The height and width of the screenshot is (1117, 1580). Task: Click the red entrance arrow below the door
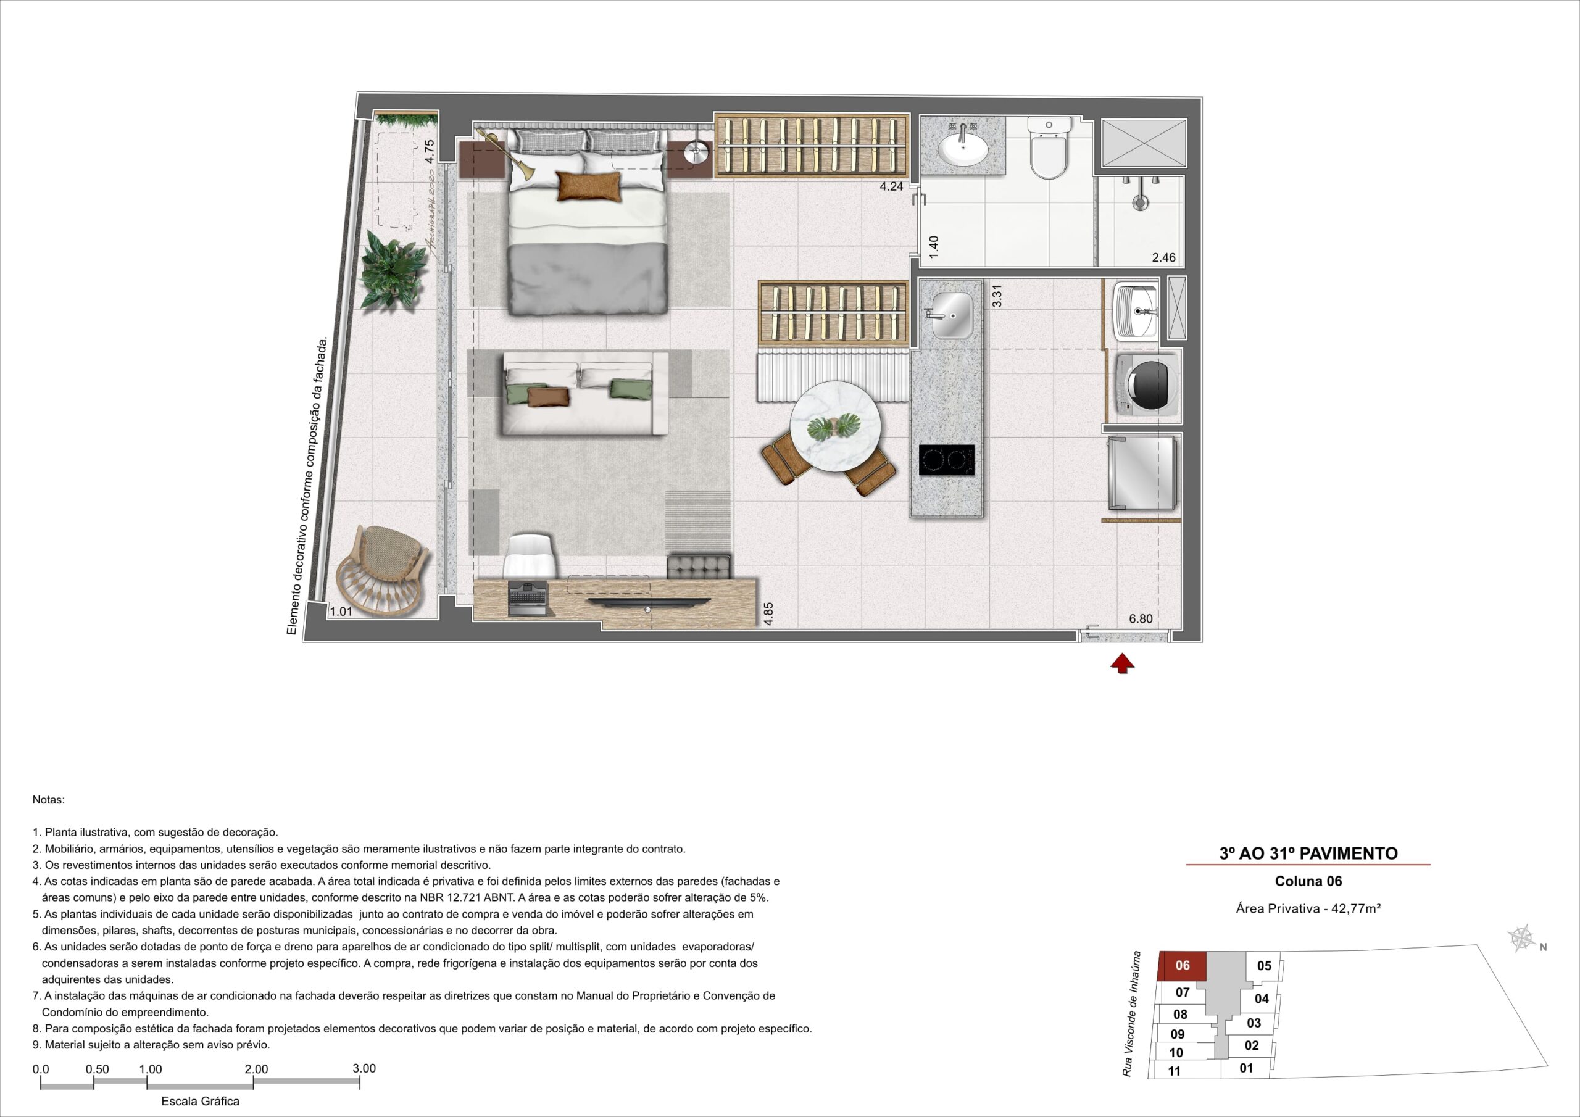(x=1123, y=663)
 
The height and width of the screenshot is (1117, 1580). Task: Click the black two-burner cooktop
(x=947, y=460)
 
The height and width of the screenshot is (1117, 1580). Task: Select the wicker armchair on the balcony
(x=382, y=571)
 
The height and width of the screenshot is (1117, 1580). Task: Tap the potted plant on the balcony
(x=389, y=268)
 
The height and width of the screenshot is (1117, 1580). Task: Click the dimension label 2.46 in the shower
(x=1163, y=258)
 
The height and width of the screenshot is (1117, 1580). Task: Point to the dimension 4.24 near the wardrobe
(x=891, y=185)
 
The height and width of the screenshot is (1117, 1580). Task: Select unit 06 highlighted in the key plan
(x=1183, y=966)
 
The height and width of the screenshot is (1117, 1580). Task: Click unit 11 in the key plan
(x=1174, y=1071)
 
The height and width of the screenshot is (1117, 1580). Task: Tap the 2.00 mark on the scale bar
(x=256, y=1069)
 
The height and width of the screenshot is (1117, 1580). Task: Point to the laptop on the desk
(x=528, y=598)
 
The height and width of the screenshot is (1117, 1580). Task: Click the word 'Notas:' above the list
(x=48, y=800)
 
